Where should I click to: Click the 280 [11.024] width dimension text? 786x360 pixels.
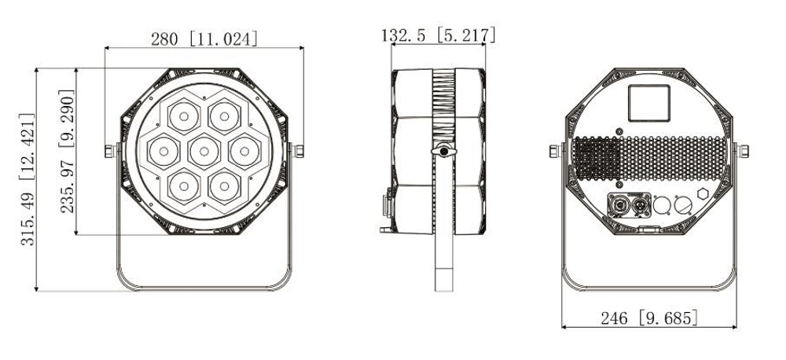pos(204,37)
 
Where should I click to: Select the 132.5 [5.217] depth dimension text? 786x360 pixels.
pos(438,35)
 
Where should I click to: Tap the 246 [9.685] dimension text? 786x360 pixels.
pos(648,318)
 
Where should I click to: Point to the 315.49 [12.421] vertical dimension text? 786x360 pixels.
pos(28,180)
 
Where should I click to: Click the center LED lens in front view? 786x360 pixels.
pos(204,149)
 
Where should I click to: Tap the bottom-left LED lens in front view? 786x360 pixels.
pos(183,182)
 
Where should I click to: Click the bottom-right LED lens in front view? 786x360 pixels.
pos(224,182)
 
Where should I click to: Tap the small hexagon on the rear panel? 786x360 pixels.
pos(701,195)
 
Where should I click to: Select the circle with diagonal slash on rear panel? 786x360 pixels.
pos(682,207)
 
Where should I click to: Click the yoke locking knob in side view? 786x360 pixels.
pos(444,149)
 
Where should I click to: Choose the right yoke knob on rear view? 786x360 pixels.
pos(741,149)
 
